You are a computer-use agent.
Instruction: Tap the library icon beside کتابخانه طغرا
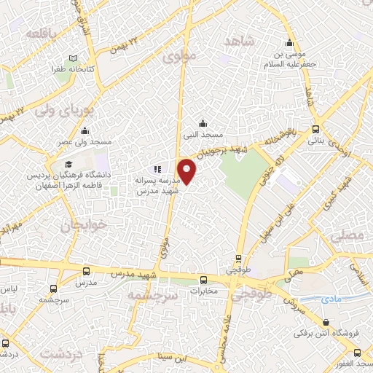point(73,58)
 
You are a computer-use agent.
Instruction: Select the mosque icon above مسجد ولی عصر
point(85,131)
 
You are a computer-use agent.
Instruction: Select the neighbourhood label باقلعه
point(42,34)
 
